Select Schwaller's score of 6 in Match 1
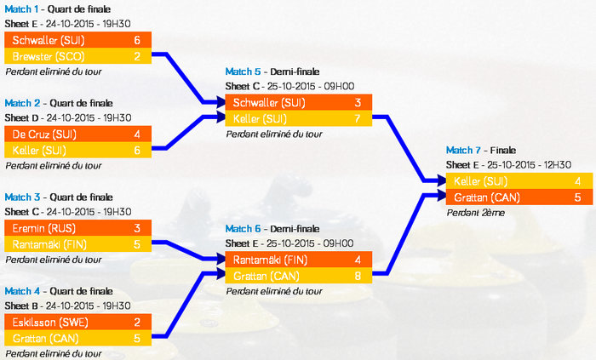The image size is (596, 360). click(137, 40)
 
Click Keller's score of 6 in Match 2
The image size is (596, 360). click(137, 151)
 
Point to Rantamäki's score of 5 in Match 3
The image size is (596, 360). click(137, 244)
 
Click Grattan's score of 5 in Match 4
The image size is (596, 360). click(137, 338)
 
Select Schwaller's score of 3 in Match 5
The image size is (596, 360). click(358, 103)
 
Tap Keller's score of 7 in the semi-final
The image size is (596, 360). click(358, 118)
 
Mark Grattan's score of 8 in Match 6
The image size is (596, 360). click(358, 276)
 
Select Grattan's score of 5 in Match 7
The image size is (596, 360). click(577, 197)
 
